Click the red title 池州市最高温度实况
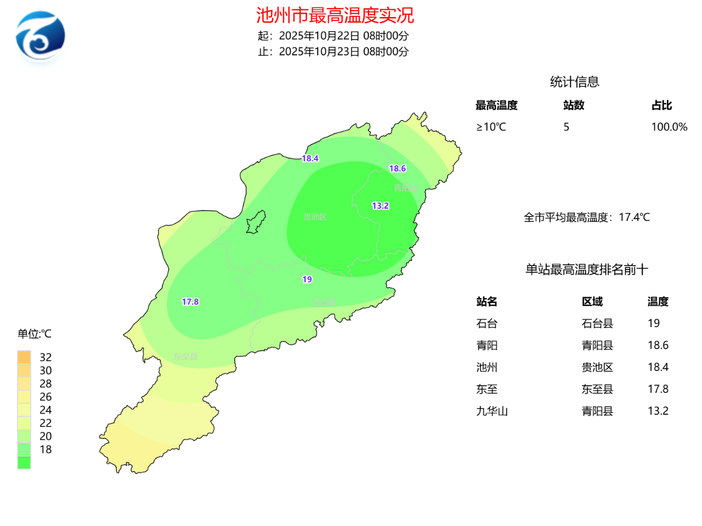click(335, 15)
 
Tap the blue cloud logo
click(41, 37)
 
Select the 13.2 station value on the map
click(380, 206)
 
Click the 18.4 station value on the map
click(310, 158)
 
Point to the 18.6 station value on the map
click(398, 169)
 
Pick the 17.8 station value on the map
click(190, 302)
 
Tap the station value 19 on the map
click(307, 279)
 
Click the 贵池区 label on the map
click(315, 217)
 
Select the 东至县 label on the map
click(186, 357)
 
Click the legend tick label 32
click(46, 357)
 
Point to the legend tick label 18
click(46, 449)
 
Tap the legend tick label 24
click(46, 410)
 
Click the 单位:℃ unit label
click(34, 334)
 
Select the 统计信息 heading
click(574, 82)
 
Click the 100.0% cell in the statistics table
click(669, 127)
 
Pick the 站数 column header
click(574, 105)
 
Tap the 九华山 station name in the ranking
click(492, 411)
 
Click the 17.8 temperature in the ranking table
click(658, 389)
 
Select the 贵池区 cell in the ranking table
click(597, 367)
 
